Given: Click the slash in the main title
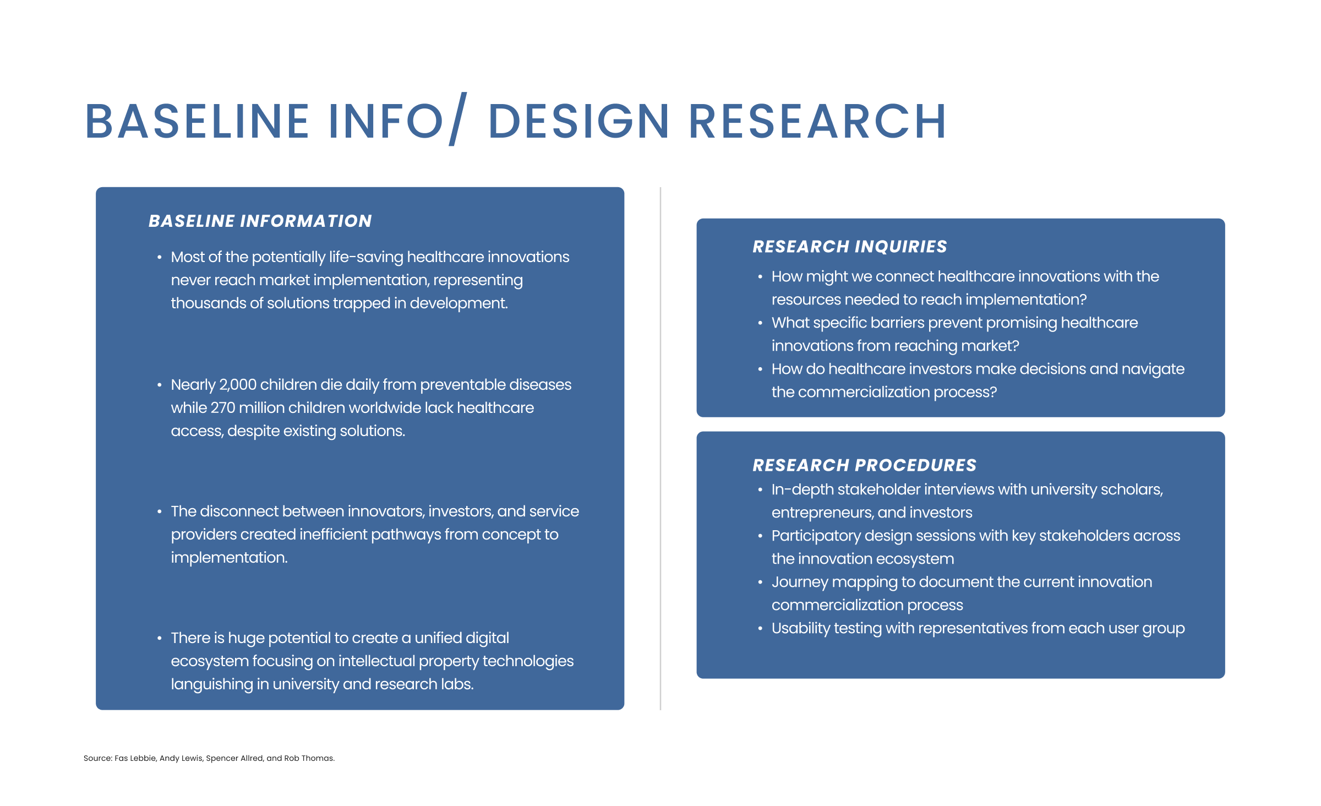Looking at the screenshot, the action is [458, 119].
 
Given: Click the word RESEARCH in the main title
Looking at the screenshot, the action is [817, 121].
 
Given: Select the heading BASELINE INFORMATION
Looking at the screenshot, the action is [260, 221].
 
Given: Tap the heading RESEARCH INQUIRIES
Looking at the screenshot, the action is [850, 247].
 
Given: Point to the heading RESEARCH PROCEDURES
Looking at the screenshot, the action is [864, 465].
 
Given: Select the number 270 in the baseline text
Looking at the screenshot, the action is [222, 408].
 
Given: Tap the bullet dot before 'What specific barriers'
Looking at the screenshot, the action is [760, 323].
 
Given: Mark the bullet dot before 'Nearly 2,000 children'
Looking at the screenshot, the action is [160, 385].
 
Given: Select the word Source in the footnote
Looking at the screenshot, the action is [97, 758].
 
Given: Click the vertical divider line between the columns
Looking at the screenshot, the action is [660, 449].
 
